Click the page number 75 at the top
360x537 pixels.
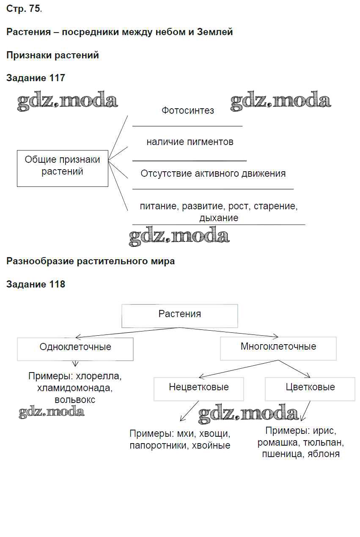(34, 9)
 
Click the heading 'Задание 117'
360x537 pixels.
(36, 78)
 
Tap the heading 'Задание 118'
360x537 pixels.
(36, 284)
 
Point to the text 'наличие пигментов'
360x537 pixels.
(190, 142)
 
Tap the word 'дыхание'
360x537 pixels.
(219, 218)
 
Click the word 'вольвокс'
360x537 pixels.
(75, 400)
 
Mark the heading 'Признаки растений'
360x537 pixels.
(52, 55)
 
